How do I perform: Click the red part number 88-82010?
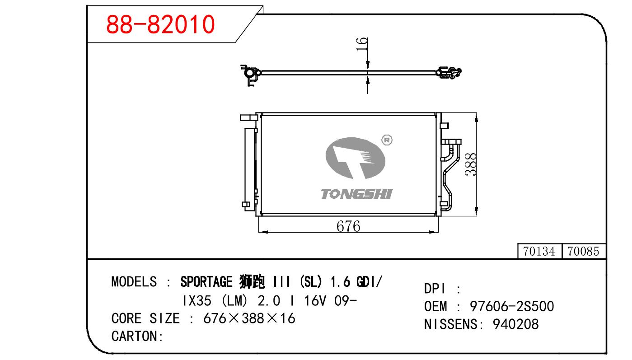coord(160,24)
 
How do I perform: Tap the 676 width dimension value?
coord(348,226)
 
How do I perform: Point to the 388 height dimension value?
coord(471,164)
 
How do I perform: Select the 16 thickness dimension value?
coord(362,44)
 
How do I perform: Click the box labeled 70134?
coord(539,251)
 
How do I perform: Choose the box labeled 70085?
coord(584,251)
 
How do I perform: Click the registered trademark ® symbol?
coord(387,140)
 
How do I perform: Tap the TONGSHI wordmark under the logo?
coord(356,194)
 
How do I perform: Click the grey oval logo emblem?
coord(356,158)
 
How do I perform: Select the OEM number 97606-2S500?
coord(512,306)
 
